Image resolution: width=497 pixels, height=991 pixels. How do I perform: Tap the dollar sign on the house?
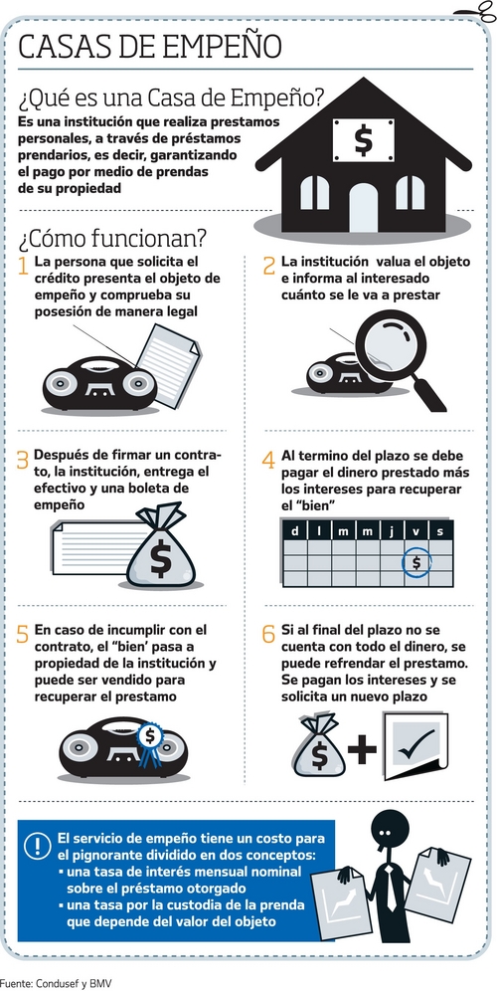363,139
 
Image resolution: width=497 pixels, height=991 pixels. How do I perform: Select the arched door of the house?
363,207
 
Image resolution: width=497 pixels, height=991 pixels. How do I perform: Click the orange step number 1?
24,266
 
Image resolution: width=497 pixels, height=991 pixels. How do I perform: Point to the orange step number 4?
269,460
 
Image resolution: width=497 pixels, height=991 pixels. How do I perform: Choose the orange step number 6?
269,633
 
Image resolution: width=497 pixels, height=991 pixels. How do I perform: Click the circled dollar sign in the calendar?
416,561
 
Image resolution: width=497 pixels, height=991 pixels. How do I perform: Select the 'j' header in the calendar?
392,531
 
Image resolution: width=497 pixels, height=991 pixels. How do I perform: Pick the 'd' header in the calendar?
295,531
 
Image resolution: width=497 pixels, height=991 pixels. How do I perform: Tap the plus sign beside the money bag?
362,749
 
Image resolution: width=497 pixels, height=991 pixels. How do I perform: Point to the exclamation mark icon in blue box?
37,846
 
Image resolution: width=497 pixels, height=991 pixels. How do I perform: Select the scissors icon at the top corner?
484,11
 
